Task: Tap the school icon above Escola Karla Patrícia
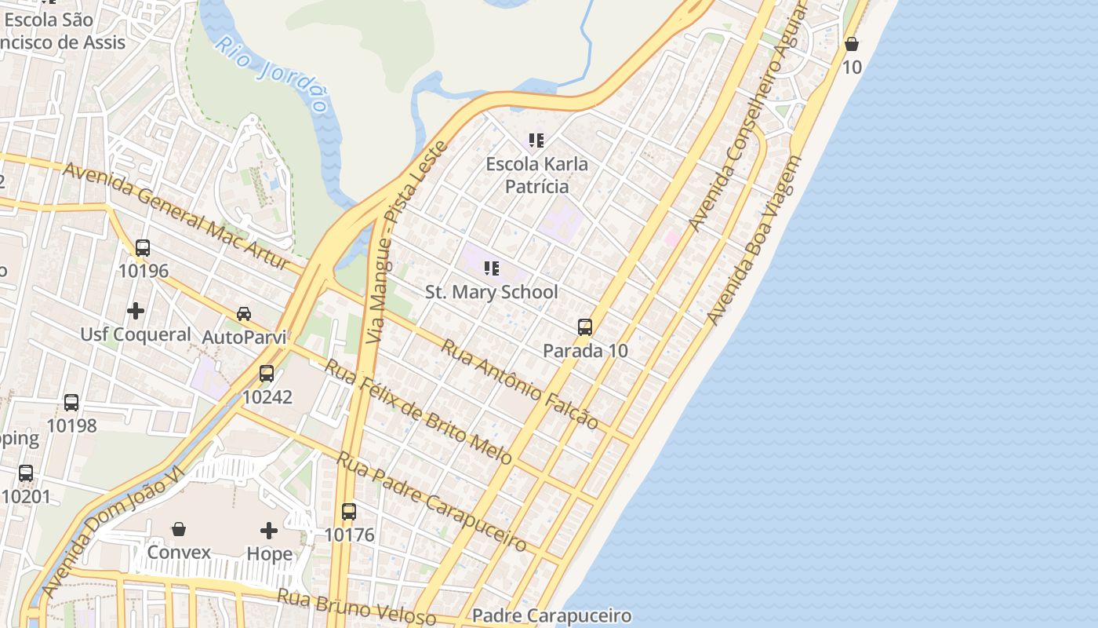536,141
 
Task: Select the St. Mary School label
492,292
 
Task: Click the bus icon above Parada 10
585,327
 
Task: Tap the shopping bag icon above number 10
852,44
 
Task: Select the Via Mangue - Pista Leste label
407,242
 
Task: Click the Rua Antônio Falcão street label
519,384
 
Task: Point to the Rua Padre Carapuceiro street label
431,500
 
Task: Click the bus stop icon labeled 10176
349,512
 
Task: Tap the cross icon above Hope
269,531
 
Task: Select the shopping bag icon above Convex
179,529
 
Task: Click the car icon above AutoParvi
244,314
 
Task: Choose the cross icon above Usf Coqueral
136,311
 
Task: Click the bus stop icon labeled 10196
143,248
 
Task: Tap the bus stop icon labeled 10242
267,374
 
